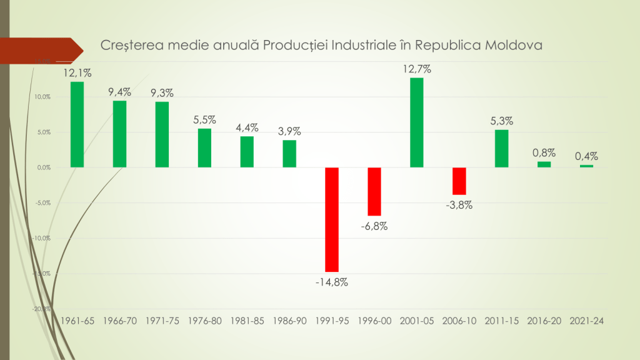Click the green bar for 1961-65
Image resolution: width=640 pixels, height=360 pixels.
tap(77, 124)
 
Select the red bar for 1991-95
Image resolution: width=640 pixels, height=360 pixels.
tap(332, 219)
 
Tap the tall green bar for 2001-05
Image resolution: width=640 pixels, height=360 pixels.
tap(416, 122)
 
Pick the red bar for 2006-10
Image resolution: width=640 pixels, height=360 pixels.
tap(459, 181)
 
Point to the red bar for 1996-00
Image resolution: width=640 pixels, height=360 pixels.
tap(374, 191)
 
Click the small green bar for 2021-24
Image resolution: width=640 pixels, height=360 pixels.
tap(586, 166)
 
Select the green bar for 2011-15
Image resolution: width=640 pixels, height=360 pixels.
tap(501, 148)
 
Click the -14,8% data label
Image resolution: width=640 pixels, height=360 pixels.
tap(332, 282)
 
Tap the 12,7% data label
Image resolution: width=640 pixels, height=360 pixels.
tap(416, 69)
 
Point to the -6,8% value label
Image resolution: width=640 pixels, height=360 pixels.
tap(374, 226)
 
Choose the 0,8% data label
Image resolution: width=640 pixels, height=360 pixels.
tap(544, 152)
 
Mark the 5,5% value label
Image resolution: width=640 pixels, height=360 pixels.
tap(204, 119)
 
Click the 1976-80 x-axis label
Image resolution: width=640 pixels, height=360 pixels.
tap(204, 321)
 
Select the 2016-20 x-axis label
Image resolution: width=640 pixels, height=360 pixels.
tap(544, 321)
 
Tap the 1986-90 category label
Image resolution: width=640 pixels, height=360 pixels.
tap(289, 321)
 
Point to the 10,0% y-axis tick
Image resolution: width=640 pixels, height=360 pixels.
tap(42, 97)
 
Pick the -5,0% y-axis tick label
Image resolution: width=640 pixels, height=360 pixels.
tap(42, 203)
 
